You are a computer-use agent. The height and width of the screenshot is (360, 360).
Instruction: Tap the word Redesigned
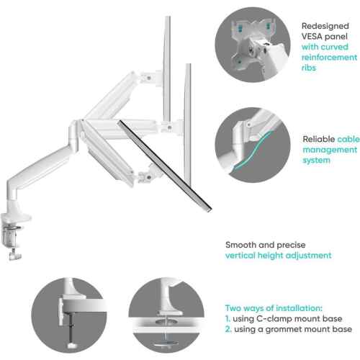(x=325, y=26)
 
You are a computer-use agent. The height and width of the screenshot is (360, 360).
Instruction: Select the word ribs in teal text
(x=309, y=68)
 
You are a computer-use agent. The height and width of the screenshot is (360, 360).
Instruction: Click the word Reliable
(x=319, y=139)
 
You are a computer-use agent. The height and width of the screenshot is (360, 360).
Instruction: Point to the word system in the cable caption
(x=316, y=161)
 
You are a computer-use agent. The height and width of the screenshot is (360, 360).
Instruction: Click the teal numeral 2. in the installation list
(x=228, y=329)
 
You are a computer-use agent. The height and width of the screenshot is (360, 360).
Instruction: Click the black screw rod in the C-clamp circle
(x=71, y=329)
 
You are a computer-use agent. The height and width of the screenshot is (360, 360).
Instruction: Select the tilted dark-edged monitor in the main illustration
(x=165, y=166)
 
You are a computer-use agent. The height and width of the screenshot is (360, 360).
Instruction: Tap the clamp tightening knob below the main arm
(x=14, y=255)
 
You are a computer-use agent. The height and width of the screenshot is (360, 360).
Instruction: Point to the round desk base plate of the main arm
(x=16, y=217)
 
